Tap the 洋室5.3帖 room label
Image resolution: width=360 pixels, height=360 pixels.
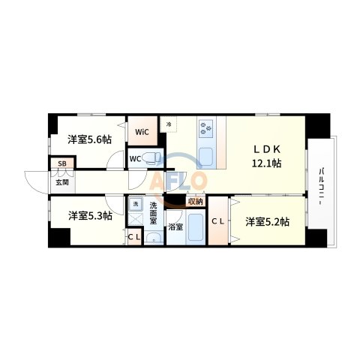tap(90, 215)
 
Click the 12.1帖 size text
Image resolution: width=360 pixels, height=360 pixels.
tap(266, 162)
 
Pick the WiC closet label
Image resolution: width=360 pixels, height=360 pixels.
tap(142, 133)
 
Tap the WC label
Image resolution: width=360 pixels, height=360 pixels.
tap(135, 159)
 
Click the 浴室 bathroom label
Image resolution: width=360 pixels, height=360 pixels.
tap(175, 226)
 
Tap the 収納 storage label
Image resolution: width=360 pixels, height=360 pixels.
tap(195, 201)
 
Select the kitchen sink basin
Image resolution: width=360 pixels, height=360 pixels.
tap(207, 158)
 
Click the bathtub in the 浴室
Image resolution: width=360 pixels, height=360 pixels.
tap(196, 227)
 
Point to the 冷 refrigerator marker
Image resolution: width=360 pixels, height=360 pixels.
tap(170, 124)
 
